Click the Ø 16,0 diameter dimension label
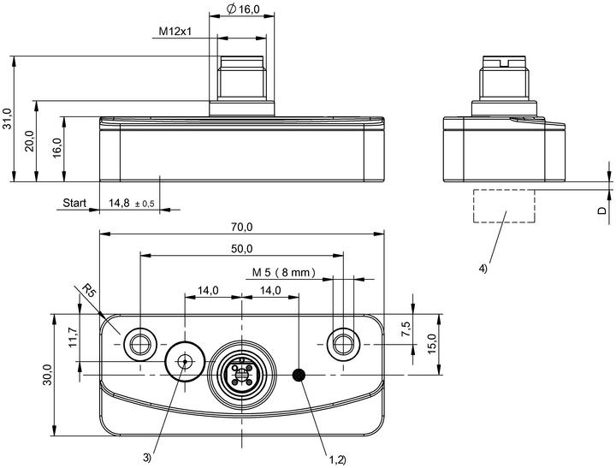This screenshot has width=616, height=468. point(244,9)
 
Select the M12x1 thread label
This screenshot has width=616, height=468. point(175,31)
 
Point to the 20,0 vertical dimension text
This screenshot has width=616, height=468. point(31,140)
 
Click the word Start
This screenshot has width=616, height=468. point(74,203)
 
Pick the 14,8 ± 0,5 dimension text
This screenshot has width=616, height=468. point(132,203)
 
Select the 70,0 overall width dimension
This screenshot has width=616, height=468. point(241,227)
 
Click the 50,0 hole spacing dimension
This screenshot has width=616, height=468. point(241,249)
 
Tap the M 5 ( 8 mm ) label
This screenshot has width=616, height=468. point(284,272)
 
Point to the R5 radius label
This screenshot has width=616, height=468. point(89,291)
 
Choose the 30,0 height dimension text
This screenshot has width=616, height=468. point(48,375)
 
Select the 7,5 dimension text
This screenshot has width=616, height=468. point(406,329)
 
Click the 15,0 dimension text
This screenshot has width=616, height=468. point(432,344)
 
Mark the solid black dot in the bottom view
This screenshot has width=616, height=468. point(299,375)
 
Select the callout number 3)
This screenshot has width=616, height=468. point(147,458)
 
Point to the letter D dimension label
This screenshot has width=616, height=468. point(602,210)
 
